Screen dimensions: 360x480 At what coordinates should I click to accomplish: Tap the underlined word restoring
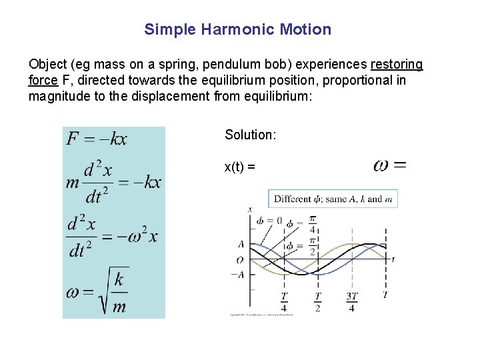pyautogui.click(x=397, y=64)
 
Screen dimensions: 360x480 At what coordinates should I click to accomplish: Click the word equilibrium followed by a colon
pyautogui.click(x=275, y=96)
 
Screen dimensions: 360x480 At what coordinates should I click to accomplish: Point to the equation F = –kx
pyautogui.click(x=97, y=139)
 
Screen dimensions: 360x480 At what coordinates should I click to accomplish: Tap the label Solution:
pyautogui.click(x=250, y=135)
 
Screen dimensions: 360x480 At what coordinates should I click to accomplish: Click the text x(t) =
pyautogui.click(x=240, y=167)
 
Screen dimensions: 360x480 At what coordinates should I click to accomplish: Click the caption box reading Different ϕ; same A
pyautogui.click(x=333, y=199)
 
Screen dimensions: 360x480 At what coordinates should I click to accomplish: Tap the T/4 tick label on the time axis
pyautogui.click(x=284, y=301)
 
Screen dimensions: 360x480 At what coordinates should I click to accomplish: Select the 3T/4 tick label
pyautogui.click(x=351, y=301)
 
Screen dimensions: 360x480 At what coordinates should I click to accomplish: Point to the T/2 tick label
pyautogui.click(x=317, y=301)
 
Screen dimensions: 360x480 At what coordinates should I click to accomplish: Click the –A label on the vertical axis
pyautogui.click(x=237, y=274)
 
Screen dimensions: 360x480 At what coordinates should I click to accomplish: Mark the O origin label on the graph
pyautogui.click(x=240, y=259)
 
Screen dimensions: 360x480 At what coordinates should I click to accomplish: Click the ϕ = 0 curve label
pyautogui.click(x=269, y=221)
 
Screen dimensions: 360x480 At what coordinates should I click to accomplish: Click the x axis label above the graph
pyautogui.click(x=250, y=209)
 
